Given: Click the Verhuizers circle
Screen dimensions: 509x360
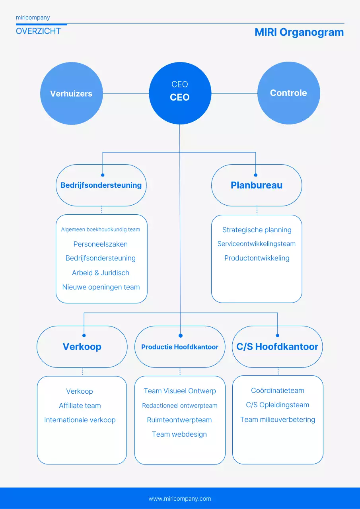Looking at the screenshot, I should point(71,94).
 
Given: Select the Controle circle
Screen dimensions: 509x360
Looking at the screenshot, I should point(288,93).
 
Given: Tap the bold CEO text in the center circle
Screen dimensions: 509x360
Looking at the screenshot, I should point(180,97).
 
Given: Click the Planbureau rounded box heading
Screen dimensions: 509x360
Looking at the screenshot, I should point(257,185).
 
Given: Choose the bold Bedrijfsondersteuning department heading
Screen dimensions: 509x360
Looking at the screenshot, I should point(101,185).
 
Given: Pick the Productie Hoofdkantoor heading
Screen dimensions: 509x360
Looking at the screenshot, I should point(180,347).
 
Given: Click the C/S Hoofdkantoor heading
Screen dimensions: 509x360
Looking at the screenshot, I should point(277,347).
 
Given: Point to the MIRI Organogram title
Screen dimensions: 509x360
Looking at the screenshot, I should point(299,32).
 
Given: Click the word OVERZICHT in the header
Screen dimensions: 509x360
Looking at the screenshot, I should point(38,31).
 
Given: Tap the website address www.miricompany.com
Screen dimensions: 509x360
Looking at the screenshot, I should point(180,499).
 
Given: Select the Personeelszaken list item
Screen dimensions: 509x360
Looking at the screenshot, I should point(101,244).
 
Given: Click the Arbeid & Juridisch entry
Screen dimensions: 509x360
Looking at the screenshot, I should point(101,273).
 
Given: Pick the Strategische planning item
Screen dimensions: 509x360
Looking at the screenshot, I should point(257,230).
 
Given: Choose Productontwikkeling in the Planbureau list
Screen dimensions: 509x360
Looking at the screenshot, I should point(257,258).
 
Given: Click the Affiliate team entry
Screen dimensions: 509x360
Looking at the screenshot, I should point(80,406).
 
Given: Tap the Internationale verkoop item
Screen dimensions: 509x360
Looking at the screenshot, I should point(80,420).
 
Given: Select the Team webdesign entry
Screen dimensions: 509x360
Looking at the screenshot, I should point(179,434).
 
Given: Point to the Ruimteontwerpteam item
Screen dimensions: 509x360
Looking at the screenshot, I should point(179,420).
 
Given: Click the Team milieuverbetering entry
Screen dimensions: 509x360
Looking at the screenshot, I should point(278,420).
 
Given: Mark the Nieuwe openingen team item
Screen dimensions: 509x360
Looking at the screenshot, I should point(101,287).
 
